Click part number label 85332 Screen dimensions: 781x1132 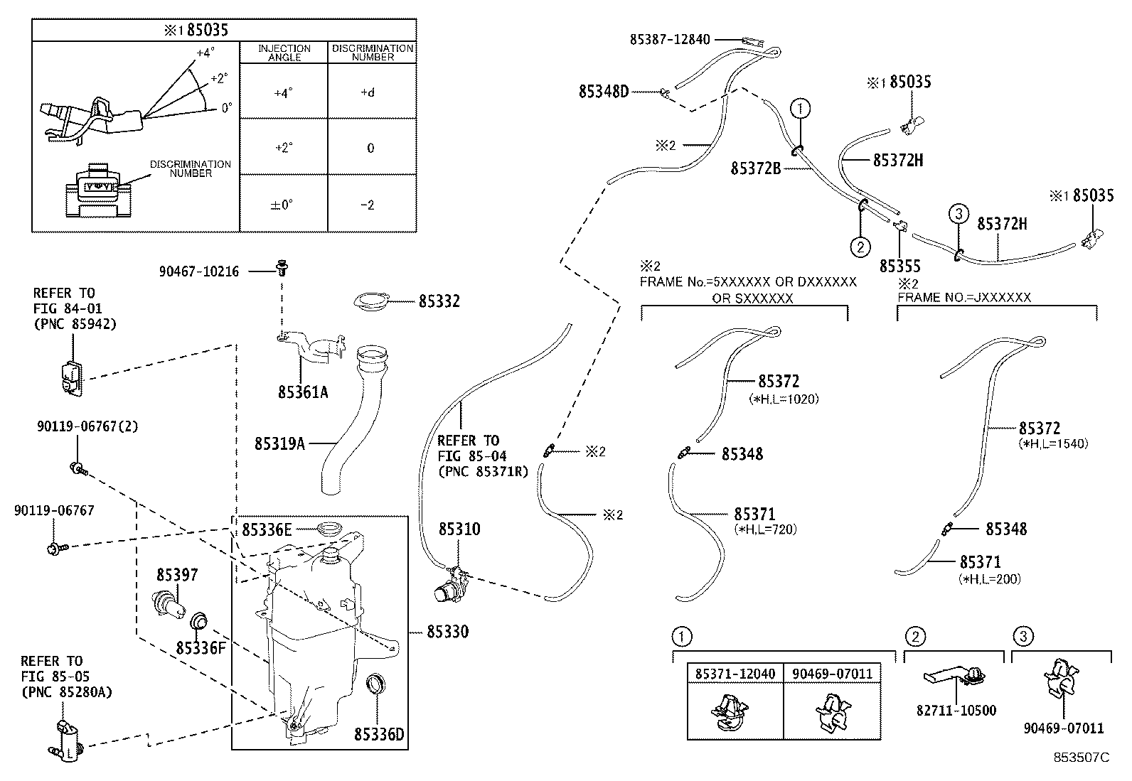439,301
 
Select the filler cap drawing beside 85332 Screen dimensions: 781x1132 375,301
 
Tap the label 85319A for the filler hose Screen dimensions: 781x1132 279,443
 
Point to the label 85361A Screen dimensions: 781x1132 303,392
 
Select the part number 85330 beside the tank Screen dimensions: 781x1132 448,631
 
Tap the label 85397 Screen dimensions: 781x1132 177,574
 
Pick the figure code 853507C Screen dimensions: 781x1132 1081,758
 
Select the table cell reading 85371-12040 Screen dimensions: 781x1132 735,673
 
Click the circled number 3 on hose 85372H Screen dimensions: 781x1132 958,212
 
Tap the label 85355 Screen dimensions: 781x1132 899,266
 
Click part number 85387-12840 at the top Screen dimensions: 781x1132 669,40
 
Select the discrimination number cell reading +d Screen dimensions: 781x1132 368,92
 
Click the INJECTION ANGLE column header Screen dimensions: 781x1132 284,53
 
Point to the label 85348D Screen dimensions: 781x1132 603,91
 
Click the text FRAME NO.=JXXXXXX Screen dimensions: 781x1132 963,298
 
